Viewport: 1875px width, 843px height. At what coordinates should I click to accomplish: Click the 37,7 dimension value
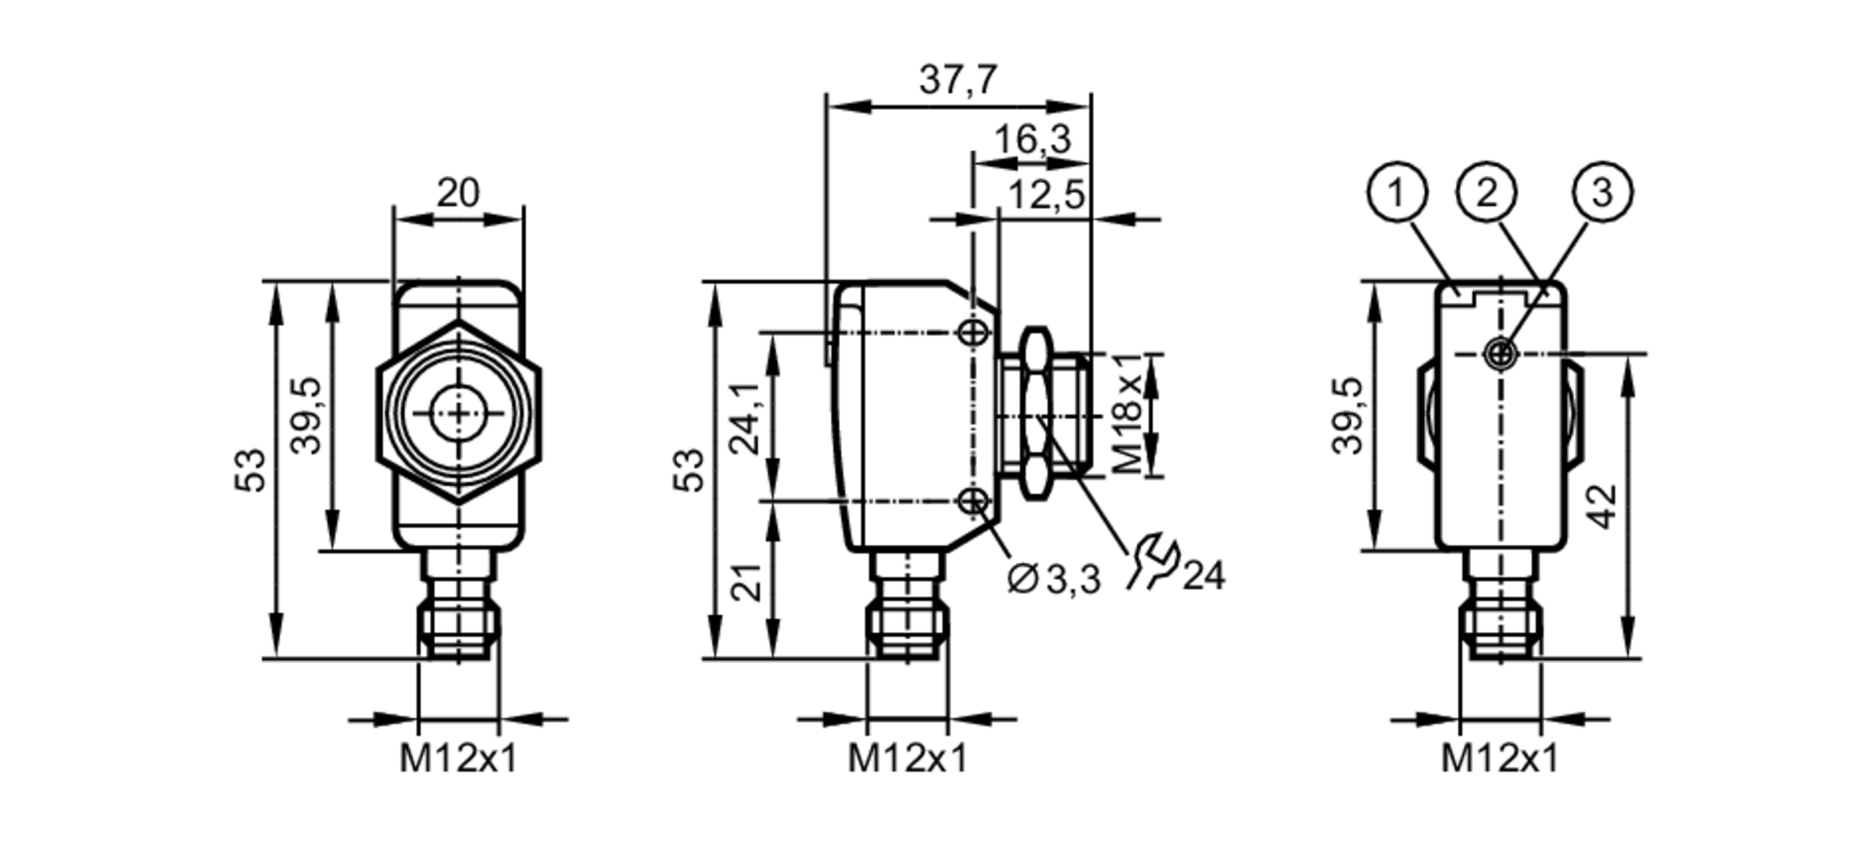pyautogui.click(x=957, y=80)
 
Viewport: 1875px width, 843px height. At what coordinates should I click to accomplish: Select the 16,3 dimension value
pyautogui.click(x=1031, y=140)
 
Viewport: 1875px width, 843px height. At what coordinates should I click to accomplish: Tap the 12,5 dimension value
pyautogui.click(x=1045, y=196)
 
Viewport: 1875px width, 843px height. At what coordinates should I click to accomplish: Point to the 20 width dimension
pyautogui.click(x=457, y=193)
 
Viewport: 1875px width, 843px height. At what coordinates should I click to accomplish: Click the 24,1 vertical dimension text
pyautogui.click(x=747, y=418)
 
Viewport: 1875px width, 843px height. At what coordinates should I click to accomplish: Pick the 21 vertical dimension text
pyautogui.click(x=747, y=581)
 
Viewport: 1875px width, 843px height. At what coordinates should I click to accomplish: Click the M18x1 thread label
pyautogui.click(x=1128, y=414)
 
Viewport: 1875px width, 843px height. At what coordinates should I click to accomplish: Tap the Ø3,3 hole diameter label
pyautogui.click(x=1053, y=580)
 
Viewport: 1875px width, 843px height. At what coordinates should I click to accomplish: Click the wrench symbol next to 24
pyautogui.click(x=1151, y=562)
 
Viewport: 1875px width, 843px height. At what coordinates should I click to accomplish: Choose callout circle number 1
pyautogui.click(x=1397, y=193)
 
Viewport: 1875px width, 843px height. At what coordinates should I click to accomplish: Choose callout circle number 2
pyautogui.click(x=1487, y=193)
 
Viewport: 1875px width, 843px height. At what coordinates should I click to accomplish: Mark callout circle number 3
pyautogui.click(x=1601, y=193)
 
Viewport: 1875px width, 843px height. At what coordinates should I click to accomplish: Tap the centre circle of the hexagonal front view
pyautogui.click(x=458, y=414)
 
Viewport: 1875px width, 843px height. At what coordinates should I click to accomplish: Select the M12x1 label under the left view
pyautogui.click(x=458, y=758)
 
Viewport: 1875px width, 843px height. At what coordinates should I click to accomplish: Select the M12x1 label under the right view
pyautogui.click(x=1499, y=758)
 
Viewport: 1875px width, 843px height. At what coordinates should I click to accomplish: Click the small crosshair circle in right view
pyautogui.click(x=1501, y=354)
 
